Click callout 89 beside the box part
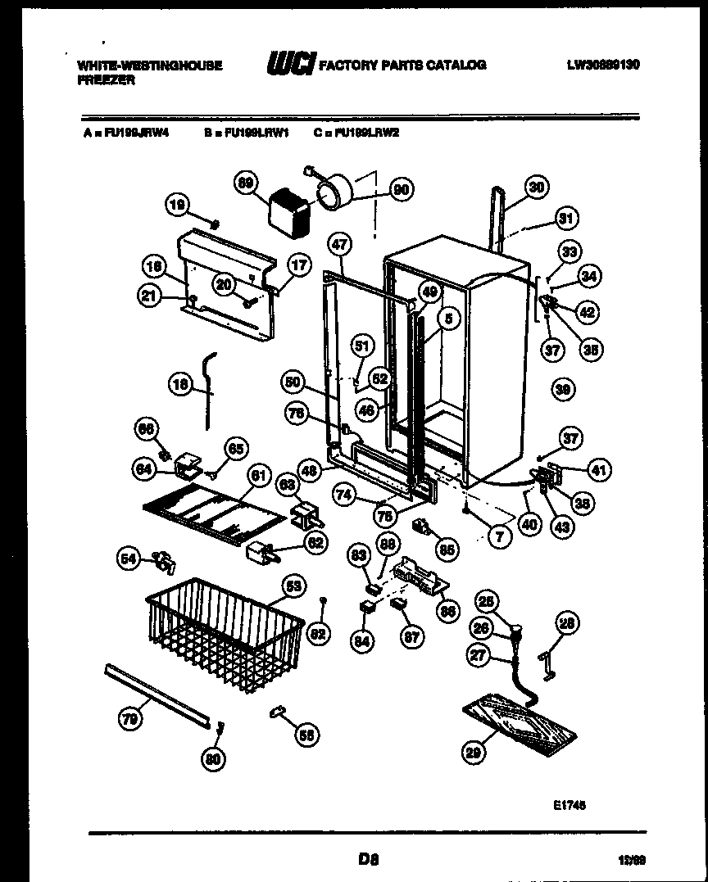tap(245, 185)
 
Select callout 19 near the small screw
tap(177, 208)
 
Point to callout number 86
tap(447, 609)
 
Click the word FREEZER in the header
tap(105, 80)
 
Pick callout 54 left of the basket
tap(128, 559)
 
